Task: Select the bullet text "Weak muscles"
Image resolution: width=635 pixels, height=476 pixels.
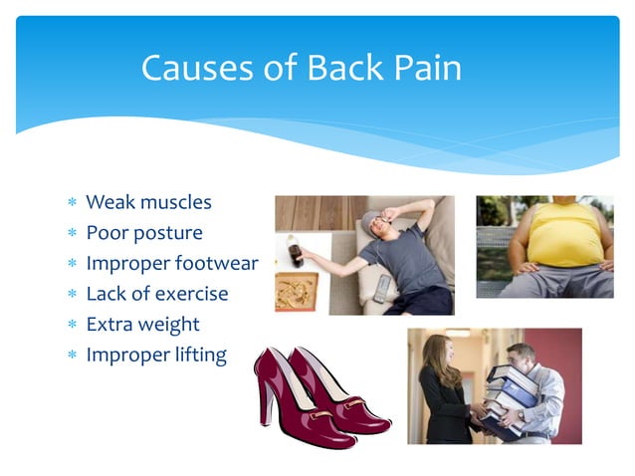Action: [148, 202]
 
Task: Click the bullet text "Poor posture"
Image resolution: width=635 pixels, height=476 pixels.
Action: [144, 233]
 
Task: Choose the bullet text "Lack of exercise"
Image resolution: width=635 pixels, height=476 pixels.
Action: [157, 294]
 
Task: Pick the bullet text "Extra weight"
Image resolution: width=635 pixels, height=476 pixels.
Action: [142, 324]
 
